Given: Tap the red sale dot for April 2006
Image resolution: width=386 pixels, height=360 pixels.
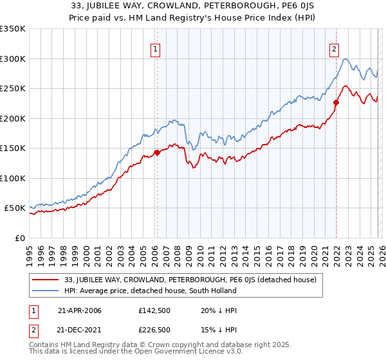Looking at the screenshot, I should [x=156, y=153].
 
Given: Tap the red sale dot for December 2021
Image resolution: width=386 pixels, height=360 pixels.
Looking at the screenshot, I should [x=336, y=102].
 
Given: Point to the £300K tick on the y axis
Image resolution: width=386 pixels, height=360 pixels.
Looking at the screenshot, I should [x=13, y=59].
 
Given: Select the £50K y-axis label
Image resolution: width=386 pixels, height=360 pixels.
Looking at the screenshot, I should [x=15, y=208].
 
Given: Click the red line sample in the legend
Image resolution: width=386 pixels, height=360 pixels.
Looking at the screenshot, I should [x=45, y=280].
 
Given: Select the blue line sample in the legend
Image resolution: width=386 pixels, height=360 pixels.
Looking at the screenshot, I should [x=45, y=291].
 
